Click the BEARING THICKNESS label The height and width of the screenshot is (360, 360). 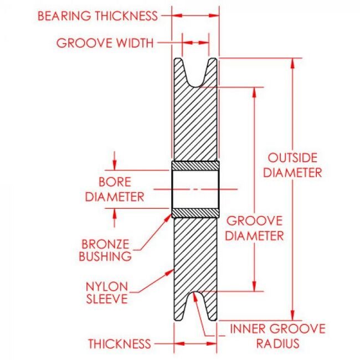97,16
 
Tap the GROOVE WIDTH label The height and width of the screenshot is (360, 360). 105,43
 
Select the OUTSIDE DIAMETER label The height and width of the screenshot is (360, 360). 292,164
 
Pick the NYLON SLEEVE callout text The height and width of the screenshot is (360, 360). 107,292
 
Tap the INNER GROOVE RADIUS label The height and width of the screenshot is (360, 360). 277,336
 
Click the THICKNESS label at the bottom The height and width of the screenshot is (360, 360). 120,344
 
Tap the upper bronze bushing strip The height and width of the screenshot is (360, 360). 196,166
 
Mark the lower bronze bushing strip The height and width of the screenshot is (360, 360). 196,212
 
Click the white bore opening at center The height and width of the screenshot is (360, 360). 196,189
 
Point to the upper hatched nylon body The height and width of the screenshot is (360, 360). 196,122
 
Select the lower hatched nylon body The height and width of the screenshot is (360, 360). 196,255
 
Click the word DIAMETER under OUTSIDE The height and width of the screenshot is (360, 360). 292,172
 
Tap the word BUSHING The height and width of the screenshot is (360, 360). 106,256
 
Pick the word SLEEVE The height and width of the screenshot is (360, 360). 107,299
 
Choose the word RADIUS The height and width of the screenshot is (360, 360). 277,343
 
